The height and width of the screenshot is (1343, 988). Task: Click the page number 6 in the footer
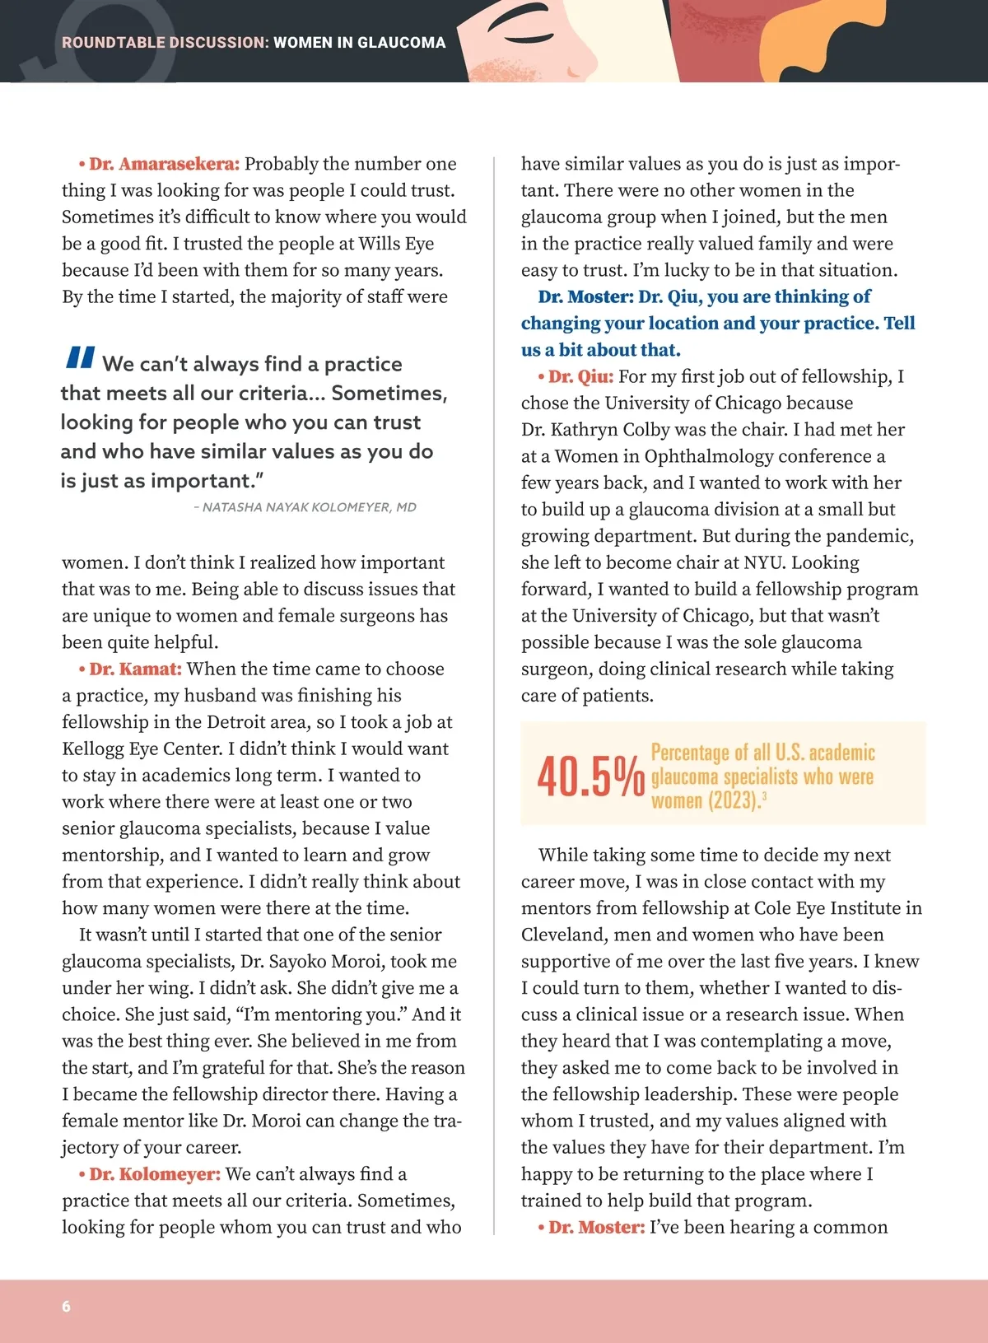point(66,1307)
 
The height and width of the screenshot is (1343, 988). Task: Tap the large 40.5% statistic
point(590,777)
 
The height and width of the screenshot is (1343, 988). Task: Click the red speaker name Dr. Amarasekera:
point(164,164)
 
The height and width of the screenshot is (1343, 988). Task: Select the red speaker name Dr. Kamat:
point(135,669)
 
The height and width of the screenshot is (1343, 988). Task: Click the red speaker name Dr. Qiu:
point(580,376)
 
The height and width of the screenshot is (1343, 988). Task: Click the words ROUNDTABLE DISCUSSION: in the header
point(165,43)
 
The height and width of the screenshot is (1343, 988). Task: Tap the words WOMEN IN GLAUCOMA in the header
point(359,43)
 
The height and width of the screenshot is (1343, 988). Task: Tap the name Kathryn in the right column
point(585,430)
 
